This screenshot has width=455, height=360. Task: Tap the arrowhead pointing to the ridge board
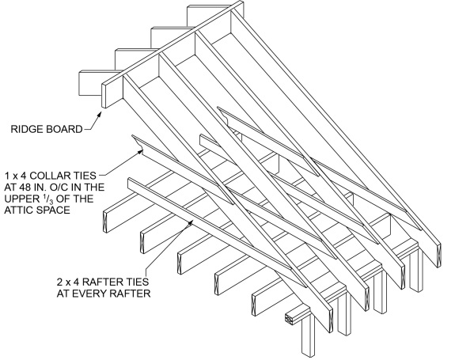99,114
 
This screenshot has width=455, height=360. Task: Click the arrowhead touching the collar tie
140,151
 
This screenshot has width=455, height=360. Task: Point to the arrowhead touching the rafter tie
191,222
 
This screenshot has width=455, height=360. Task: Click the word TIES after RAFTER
138,282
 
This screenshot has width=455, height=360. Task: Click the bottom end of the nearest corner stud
308,354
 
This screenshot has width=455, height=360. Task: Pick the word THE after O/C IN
93,187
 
